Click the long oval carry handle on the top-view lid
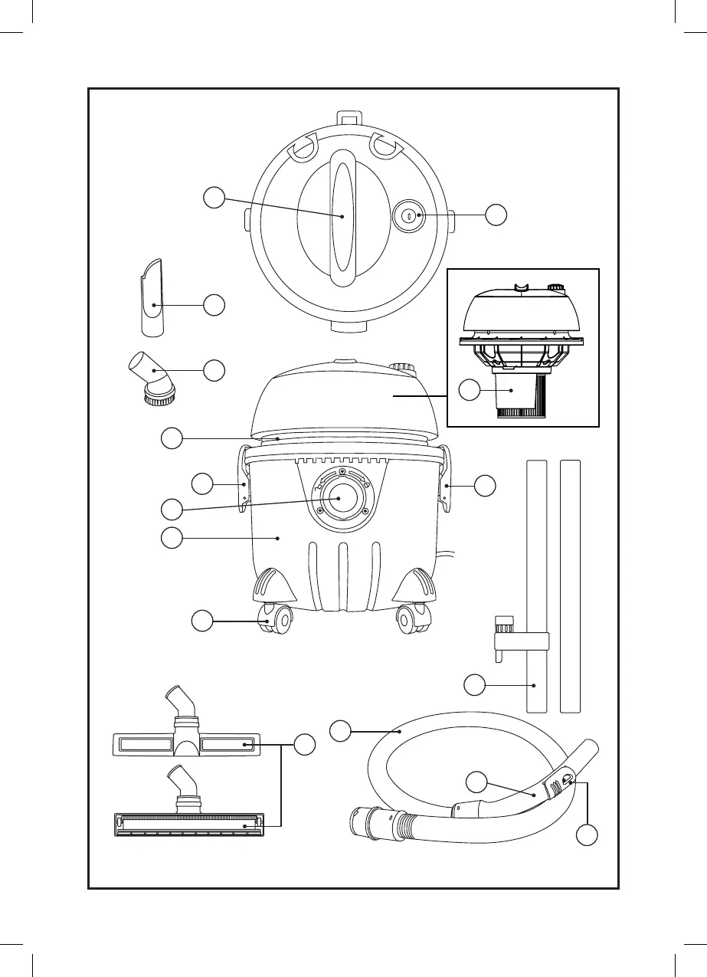coord(343,217)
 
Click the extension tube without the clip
coord(571,586)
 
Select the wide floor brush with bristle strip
coord(188,822)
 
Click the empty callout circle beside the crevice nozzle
coord(214,305)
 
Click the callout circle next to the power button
coord(496,216)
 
